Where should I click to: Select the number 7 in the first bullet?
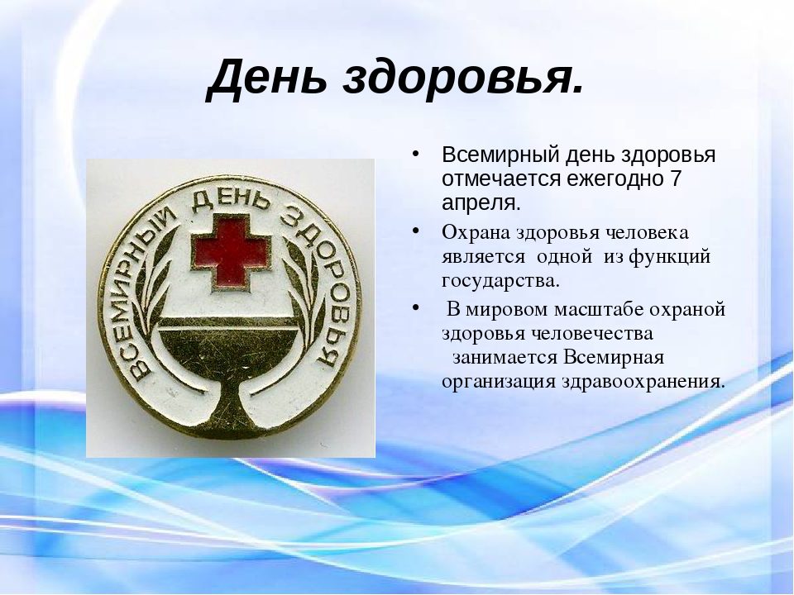pos(676,178)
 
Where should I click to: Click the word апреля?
pos(481,204)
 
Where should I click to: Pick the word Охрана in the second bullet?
pos(476,233)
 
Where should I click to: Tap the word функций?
pos(669,257)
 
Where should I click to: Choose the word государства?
pos(501,281)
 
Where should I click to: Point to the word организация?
pos(499,382)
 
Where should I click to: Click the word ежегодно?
pos(613,179)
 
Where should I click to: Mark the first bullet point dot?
pos(416,154)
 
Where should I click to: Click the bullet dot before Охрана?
pos(416,231)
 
